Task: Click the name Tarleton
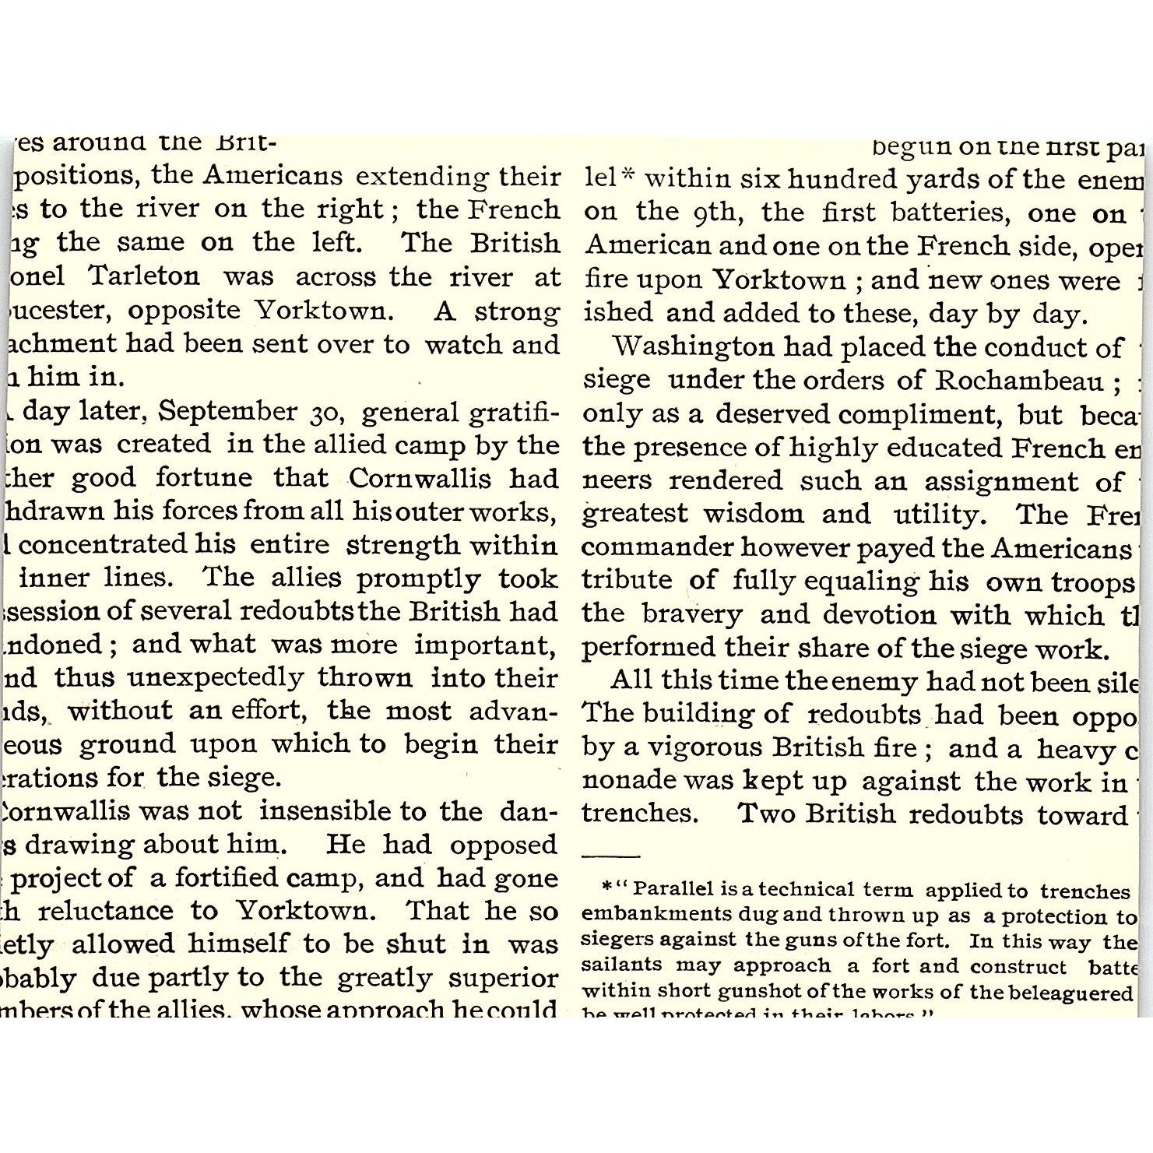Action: tap(144, 276)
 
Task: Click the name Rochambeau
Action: tap(1018, 380)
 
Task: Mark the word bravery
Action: tap(692, 614)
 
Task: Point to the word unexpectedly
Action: tap(215, 678)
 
